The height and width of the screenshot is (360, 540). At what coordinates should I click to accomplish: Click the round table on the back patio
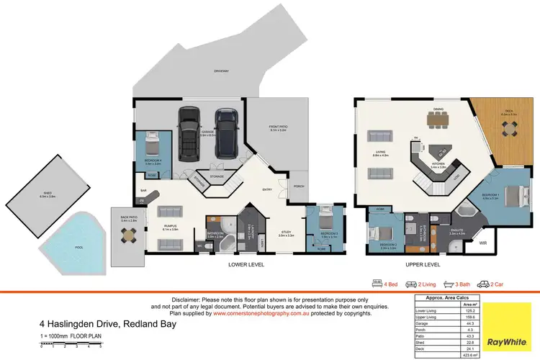pyautogui.click(x=127, y=234)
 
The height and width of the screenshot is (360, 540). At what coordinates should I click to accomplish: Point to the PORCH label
pyautogui.click(x=299, y=187)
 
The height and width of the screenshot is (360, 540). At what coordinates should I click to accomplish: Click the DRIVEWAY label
pyautogui.click(x=221, y=71)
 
